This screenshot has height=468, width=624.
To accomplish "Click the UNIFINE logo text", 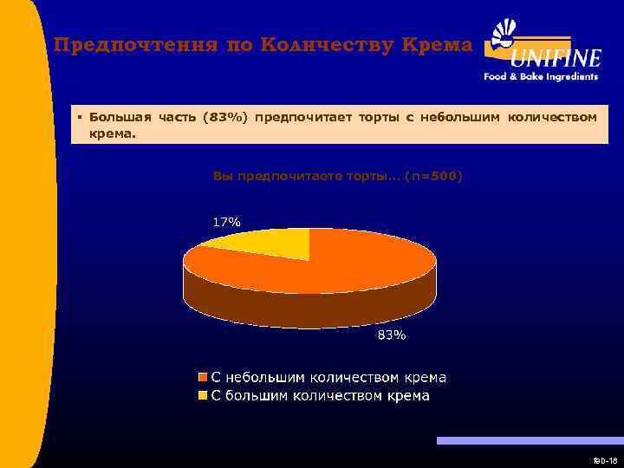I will click(x=556, y=59).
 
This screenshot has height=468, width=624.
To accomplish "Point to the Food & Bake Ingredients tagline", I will click(x=541, y=76).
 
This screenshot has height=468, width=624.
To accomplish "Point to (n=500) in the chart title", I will click(x=433, y=177).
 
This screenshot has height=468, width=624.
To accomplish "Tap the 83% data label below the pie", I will click(x=390, y=335).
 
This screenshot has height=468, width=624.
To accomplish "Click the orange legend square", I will click(x=203, y=378).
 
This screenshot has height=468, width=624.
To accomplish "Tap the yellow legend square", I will click(x=203, y=396).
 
